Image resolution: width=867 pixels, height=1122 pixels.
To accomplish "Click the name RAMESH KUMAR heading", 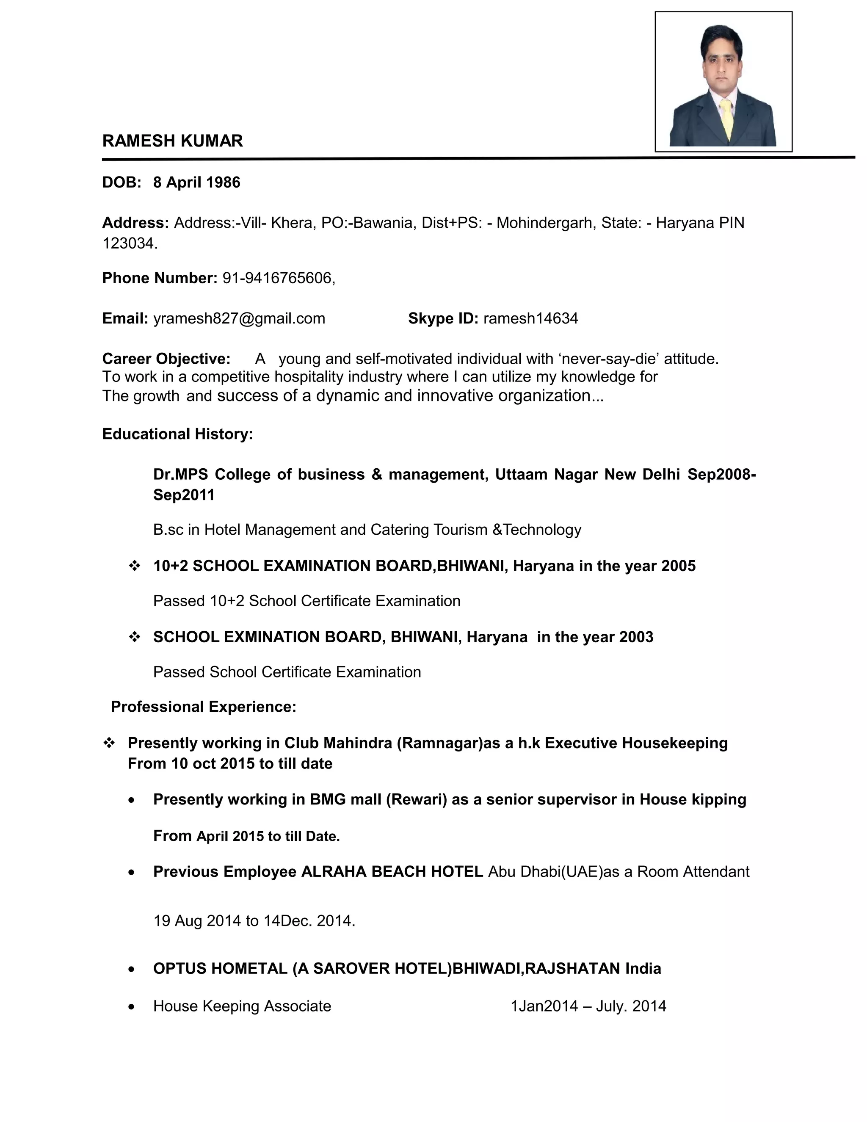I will (x=173, y=141).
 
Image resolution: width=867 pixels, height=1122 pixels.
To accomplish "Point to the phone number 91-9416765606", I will (x=278, y=278).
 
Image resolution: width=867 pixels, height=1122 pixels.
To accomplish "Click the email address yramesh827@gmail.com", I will (x=239, y=318).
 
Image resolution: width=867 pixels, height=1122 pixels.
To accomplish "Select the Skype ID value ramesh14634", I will (x=530, y=318).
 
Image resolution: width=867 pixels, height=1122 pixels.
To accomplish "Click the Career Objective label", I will (x=166, y=359).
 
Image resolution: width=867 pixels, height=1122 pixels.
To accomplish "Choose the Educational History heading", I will (x=178, y=434).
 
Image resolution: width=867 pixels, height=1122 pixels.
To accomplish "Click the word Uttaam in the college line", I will (x=521, y=474).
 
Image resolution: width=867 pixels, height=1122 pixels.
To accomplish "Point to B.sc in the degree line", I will (x=168, y=530).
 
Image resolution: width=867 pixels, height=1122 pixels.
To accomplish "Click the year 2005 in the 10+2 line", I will (x=678, y=566).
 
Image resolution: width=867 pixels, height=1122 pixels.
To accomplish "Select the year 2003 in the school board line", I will (x=636, y=637).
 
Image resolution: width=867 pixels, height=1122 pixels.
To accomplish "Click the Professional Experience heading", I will (x=203, y=707).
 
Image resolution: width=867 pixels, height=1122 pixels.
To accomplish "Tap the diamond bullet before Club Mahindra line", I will (x=109, y=743).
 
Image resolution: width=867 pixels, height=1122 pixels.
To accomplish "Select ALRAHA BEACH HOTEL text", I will (x=392, y=872).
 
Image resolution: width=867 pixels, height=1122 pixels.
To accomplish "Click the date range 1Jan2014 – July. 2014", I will (x=588, y=1006).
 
